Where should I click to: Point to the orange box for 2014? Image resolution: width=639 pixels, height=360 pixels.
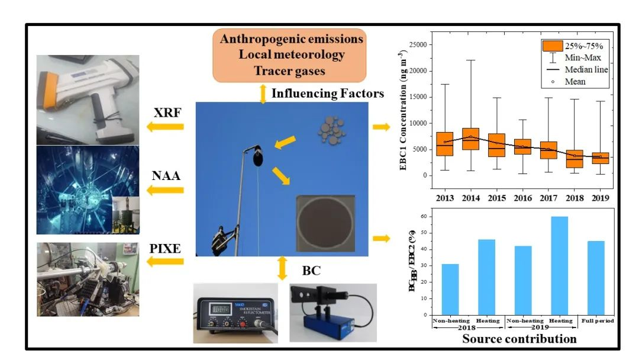point(470,139)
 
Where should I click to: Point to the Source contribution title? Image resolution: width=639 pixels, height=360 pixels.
point(519,339)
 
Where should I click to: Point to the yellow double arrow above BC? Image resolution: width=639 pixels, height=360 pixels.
point(282,268)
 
